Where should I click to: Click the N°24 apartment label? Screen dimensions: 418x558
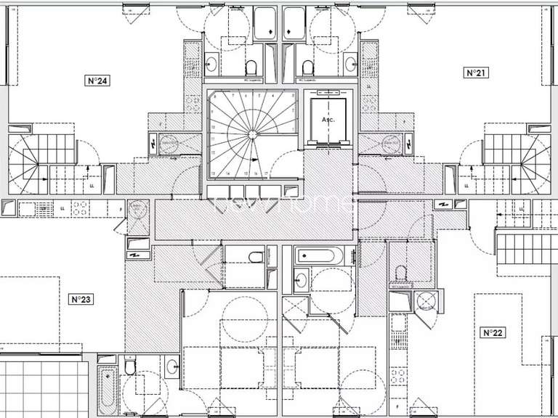point(98,81)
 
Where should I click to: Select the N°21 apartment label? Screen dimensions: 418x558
point(474,73)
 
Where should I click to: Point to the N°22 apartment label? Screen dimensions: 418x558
point(493,332)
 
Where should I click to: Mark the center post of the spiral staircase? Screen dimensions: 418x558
point(251,134)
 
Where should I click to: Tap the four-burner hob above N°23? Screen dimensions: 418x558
point(78,208)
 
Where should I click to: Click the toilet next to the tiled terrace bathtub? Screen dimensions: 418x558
point(130,367)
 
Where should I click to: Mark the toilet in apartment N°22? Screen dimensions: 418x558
point(399,274)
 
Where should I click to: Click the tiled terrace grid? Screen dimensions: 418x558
point(44,388)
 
